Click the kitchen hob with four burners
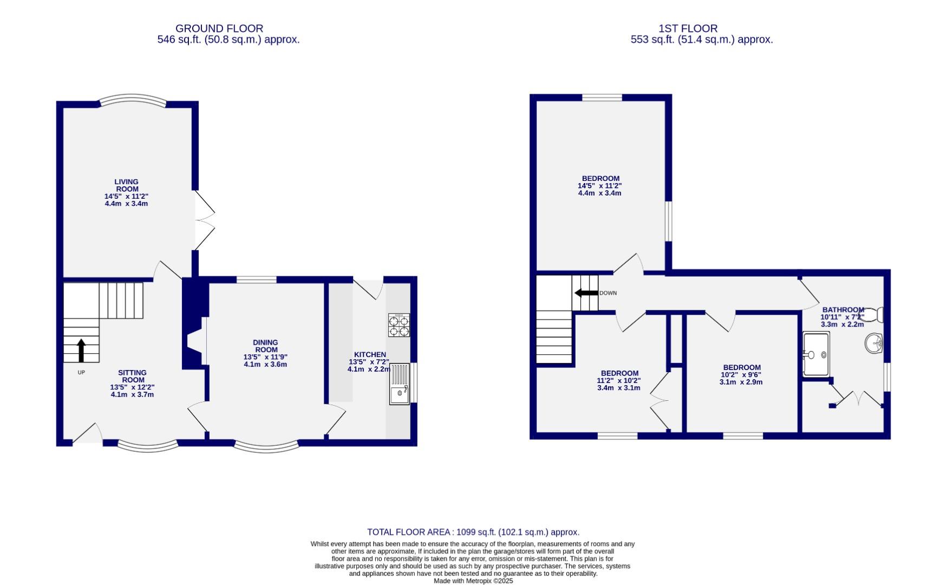pos(399,325)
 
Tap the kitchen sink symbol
pos(400,383)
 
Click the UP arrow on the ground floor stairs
pos(81,350)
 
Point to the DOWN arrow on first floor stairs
pos(586,293)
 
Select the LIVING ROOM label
pos(126,185)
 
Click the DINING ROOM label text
pos(265,346)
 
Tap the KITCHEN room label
pos(370,354)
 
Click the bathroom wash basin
pos(874,343)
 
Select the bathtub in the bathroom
pos(815,354)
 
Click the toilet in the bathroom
pos(877,315)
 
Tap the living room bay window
pos(132,100)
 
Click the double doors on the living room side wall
pos(205,220)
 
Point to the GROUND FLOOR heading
pos(219,28)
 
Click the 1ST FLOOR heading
pos(688,28)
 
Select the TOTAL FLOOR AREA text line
pos(473,532)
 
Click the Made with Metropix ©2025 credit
pos(473,581)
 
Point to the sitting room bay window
pos(147,446)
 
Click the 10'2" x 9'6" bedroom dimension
pos(741,374)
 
